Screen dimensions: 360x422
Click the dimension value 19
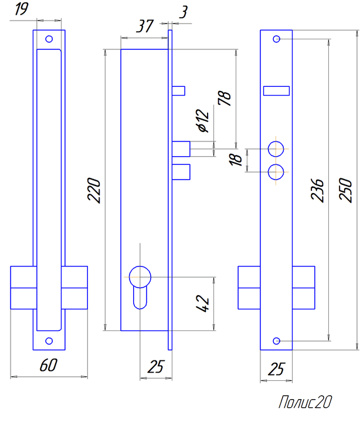pos(21,9)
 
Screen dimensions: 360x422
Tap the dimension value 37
pos(145,26)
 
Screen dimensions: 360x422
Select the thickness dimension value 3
pos(184,12)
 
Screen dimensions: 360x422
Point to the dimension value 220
pos(94,190)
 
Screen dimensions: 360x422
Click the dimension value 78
pos(224,98)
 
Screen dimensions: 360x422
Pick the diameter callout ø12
pos(203,120)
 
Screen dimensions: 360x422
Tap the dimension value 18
pos(235,160)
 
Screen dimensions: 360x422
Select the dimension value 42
pos(202,304)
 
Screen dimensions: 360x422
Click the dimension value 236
pos(317,190)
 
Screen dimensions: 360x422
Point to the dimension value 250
pos(345,190)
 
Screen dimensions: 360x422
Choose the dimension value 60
pos(49,365)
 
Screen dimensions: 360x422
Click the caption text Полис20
pos(305,402)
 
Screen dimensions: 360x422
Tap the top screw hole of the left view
pos(49,39)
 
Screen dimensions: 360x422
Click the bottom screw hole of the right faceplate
pos(276,341)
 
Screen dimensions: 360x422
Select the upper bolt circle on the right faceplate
pos(276,149)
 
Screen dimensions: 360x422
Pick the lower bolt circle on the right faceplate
pos(276,172)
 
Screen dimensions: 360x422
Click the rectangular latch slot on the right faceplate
pos(276,91)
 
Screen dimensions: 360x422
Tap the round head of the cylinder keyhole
pos(140,277)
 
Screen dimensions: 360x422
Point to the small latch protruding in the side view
pos(178,91)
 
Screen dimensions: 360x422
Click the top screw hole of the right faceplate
pos(276,39)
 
